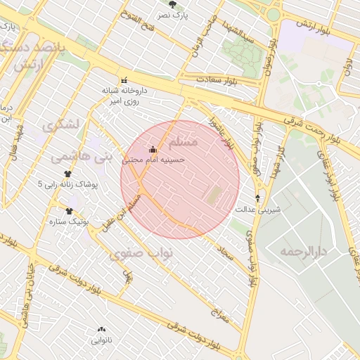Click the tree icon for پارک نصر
pyautogui.click(x=173, y=4)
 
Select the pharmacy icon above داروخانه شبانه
pyautogui.click(x=124, y=79)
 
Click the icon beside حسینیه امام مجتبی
pyautogui.click(x=153, y=149)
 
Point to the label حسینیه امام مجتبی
pyautogui.click(x=153, y=160)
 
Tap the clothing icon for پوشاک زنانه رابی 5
pyautogui.click(x=68, y=173)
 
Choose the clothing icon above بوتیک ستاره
pyautogui.click(x=69, y=211)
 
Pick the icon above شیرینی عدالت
pyautogui.click(x=258, y=198)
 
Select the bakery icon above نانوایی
pyautogui.click(x=101, y=329)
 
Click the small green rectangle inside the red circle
pyautogui.click(x=212, y=196)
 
